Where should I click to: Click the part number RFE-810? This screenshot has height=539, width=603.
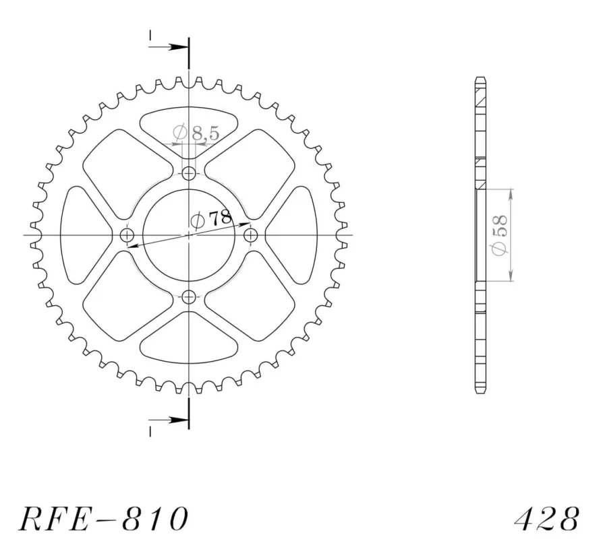[103, 518]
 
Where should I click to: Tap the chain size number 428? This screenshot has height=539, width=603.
[546, 518]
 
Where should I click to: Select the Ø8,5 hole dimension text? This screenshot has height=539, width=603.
[196, 133]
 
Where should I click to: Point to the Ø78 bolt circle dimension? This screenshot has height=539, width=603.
[212, 218]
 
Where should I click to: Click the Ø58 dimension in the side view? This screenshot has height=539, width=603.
[499, 234]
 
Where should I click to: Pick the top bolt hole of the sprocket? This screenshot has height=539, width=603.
[188, 174]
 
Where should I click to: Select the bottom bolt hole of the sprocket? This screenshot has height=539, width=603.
[188, 296]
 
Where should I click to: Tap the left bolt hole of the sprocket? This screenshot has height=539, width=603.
[127, 234]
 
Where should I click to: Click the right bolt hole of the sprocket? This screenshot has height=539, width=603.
[250, 234]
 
